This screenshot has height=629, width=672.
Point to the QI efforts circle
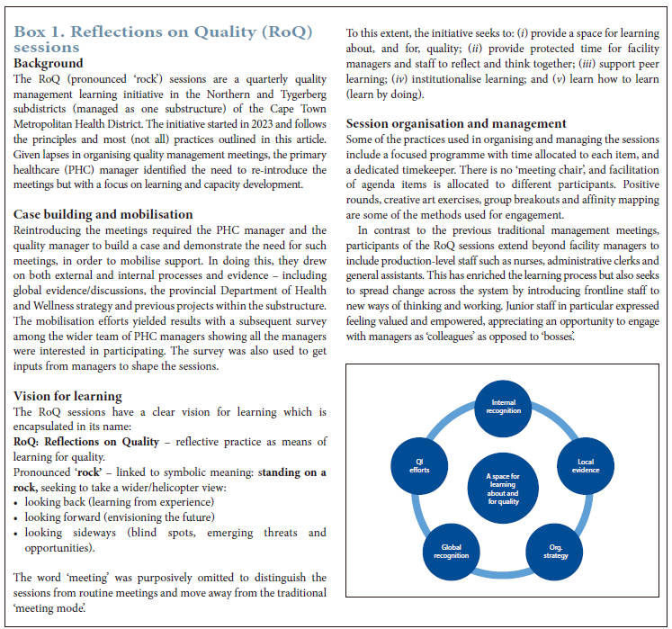(x=420, y=465)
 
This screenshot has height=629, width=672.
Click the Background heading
(x=49, y=64)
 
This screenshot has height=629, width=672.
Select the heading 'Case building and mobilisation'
(x=103, y=215)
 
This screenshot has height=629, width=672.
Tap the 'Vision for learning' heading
(x=68, y=397)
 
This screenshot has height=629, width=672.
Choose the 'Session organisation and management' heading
(x=456, y=123)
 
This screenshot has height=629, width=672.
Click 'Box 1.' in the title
(x=39, y=32)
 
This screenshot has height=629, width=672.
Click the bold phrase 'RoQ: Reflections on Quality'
(x=92, y=442)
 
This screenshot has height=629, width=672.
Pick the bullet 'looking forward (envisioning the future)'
(x=119, y=517)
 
